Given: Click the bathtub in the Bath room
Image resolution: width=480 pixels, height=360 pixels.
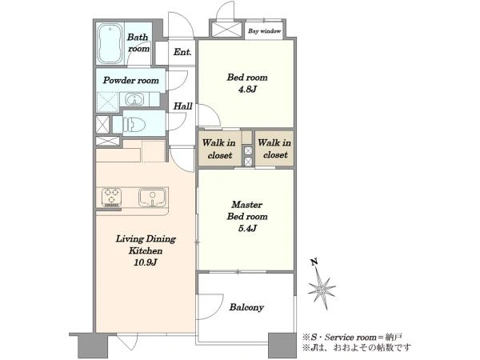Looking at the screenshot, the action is [x=110, y=43].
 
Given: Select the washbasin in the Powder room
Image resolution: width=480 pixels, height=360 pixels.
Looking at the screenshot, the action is [x=134, y=99].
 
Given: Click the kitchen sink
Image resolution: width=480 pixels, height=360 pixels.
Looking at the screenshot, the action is [x=152, y=197].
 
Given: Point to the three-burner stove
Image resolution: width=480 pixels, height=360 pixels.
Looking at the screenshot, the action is [x=111, y=197].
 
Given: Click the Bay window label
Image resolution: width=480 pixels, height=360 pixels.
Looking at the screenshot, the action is [x=265, y=31].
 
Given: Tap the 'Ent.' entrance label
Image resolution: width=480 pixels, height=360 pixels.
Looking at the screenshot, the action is [x=182, y=52].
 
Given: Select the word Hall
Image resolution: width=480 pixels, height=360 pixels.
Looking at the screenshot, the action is [x=182, y=106].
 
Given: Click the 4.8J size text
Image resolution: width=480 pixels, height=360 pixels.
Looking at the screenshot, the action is [x=247, y=90].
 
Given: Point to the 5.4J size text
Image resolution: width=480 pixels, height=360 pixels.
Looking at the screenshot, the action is [x=247, y=228].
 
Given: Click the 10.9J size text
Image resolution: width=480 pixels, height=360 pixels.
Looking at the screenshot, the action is [x=146, y=262].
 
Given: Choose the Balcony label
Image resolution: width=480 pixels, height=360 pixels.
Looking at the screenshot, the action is [x=246, y=307].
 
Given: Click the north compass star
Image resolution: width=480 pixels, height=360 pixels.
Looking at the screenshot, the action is [x=322, y=289].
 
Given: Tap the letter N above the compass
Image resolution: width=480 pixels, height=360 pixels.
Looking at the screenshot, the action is [x=314, y=262].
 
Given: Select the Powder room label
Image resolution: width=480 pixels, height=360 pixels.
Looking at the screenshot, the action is [x=130, y=80].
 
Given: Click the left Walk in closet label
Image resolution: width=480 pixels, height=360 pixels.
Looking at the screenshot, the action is [x=219, y=149].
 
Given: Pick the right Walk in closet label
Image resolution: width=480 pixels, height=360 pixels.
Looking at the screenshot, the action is [x=274, y=149].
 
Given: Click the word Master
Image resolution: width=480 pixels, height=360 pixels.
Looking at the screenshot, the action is [x=246, y=205].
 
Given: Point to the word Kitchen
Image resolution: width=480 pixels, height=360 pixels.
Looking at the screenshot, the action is [x=146, y=250].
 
